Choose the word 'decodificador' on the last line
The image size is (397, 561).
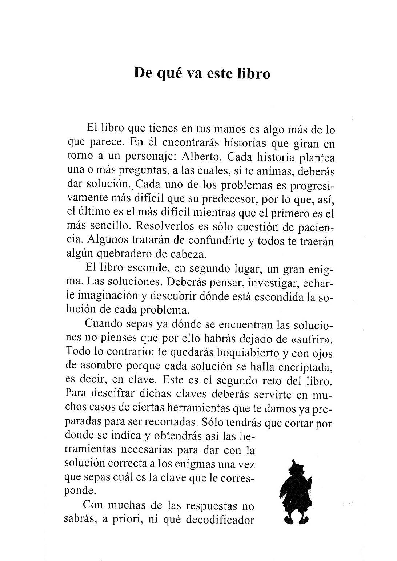click(220, 520)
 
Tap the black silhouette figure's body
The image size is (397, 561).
click(294, 494)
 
